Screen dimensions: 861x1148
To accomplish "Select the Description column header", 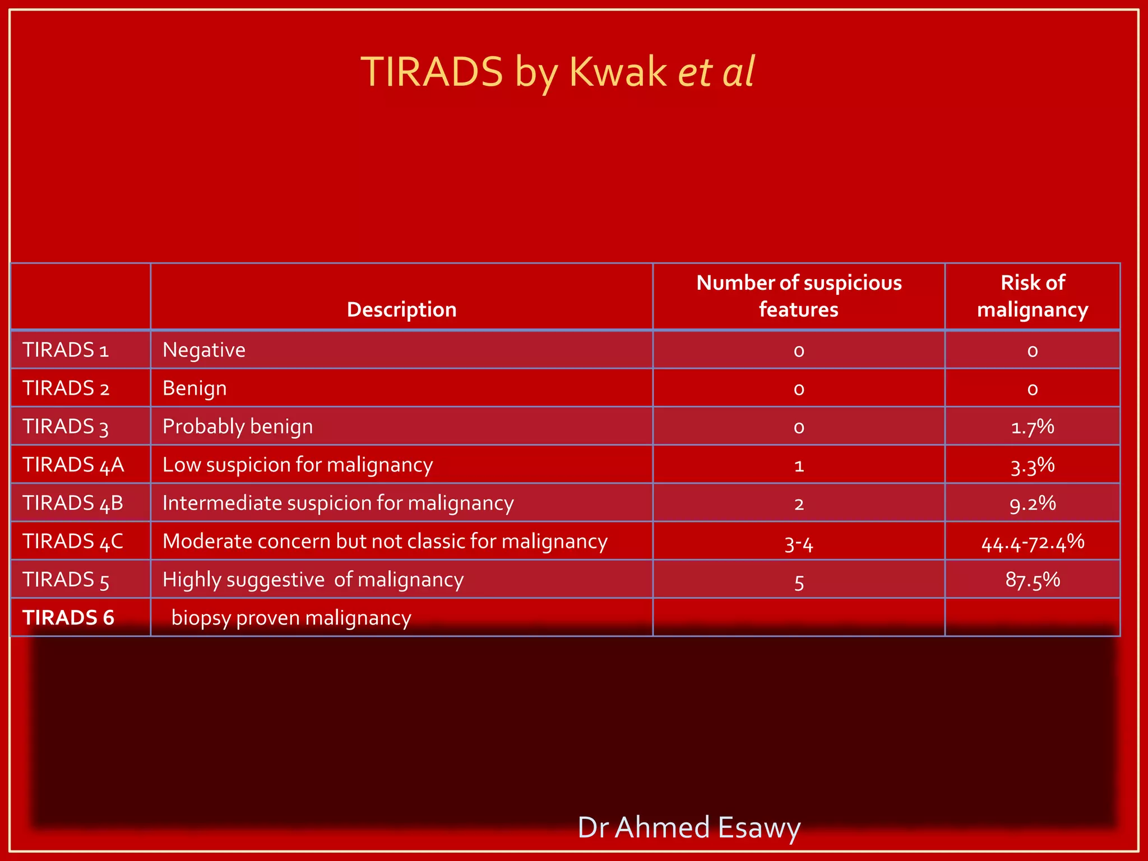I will [x=401, y=309].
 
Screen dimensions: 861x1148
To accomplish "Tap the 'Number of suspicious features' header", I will [x=799, y=296].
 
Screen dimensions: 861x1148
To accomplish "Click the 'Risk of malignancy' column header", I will [x=1033, y=296].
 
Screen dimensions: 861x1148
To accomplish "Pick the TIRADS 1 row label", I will [x=66, y=350].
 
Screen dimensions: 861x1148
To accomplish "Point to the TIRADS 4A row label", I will [x=73, y=465].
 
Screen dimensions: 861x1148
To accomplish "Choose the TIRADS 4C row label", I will [x=73, y=541].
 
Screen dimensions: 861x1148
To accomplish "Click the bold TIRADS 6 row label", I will [x=68, y=618].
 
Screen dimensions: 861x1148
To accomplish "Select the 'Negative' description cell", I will [x=204, y=350].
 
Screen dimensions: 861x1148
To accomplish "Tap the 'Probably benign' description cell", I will [x=238, y=427].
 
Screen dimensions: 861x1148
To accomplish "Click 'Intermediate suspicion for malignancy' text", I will [x=338, y=503].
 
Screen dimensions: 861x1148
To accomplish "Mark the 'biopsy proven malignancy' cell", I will [x=291, y=618].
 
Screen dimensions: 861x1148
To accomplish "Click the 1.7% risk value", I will [x=1033, y=427].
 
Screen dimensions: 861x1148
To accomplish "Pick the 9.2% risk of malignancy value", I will [x=1033, y=503].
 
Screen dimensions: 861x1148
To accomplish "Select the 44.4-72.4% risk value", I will [x=1033, y=542].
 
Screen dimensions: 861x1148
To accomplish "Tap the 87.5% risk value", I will [x=1033, y=580].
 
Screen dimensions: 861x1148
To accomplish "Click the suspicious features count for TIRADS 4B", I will [x=799, y=504].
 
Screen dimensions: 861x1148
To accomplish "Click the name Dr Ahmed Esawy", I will [x=689, y=827].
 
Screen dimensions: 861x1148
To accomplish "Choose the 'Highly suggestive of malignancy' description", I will [x=313, y=580].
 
